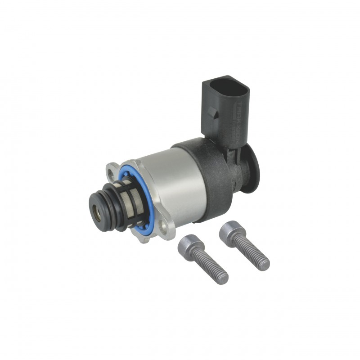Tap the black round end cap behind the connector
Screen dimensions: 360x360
[x=252, y=169]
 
